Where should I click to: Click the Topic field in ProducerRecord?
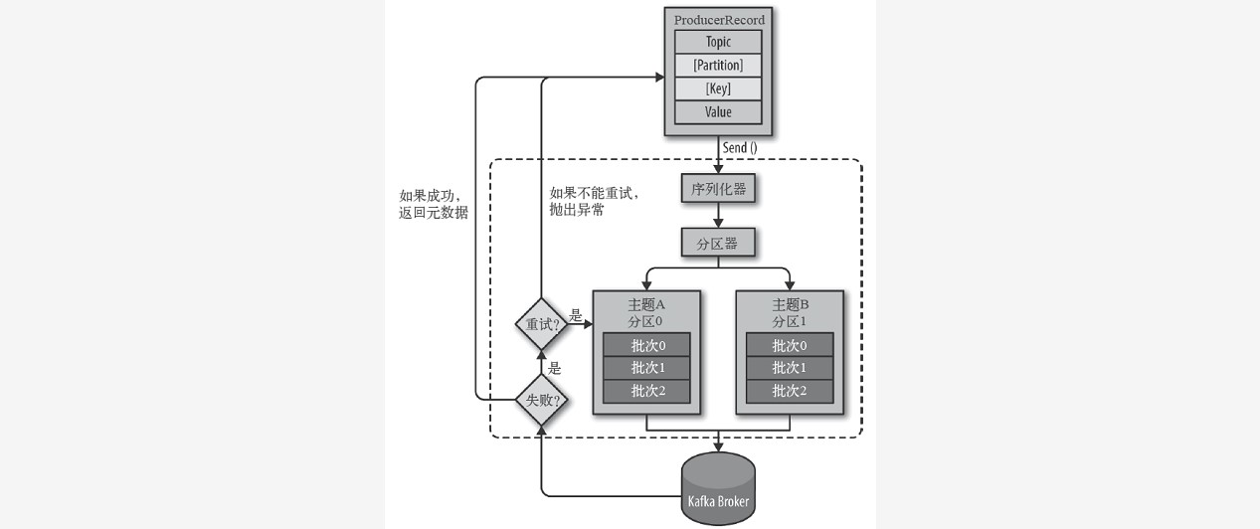[x=718, y=42]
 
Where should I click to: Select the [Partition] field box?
[x=718, y=66]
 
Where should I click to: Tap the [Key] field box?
[x=718, y=88]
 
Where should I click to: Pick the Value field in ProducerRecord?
[x=718, y=112]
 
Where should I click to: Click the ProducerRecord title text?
[x=719, y=19]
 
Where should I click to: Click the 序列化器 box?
[x=718, y=189]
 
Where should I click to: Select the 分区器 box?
[x=718, y=242]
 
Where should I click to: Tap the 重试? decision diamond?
[x=539, y=324]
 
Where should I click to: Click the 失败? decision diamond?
[x=539, y=400]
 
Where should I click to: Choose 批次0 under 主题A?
[x=646, y=345]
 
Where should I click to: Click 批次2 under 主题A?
[x=646, y=391]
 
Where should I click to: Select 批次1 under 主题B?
[x=790, y=368]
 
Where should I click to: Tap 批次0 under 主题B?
[x=790, y=345]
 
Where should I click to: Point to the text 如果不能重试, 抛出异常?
[x=593, y=201]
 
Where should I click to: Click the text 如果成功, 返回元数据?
[x=433, y=204]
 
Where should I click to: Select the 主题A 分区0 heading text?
[x=646, y=313]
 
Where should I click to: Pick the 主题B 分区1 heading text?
[x=790, y=313]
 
